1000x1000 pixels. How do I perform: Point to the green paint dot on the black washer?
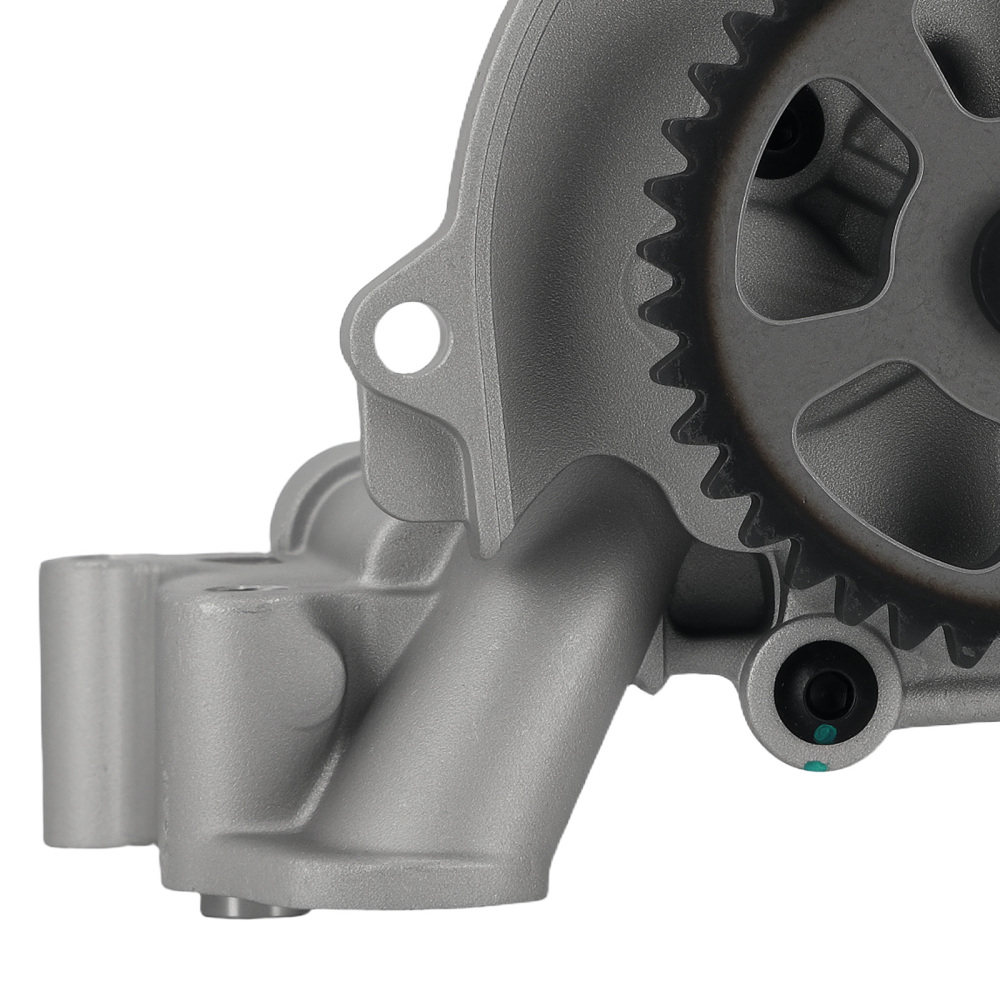point(823,736)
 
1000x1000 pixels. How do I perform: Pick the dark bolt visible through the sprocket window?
point(790,135)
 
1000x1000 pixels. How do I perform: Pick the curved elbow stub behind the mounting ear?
point(310,490)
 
